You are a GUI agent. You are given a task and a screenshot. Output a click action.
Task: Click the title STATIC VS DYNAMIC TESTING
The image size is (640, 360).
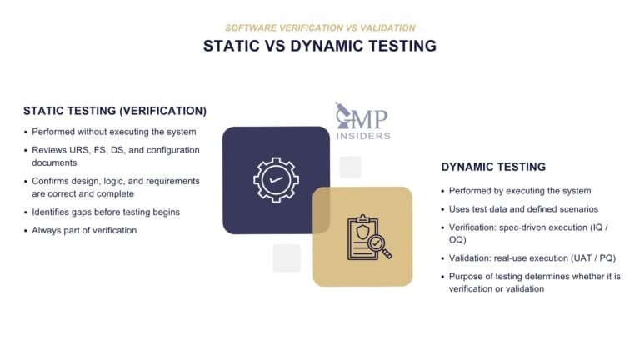[320, 47]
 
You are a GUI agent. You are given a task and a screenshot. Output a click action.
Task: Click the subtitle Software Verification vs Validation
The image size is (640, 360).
[320, 27]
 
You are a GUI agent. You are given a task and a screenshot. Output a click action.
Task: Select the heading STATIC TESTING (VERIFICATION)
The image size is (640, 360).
[115, 111]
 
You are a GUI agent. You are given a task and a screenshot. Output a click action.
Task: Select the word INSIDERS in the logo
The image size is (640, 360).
[364, 135]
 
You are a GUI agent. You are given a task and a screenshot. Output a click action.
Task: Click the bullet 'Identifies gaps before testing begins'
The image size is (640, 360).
[106, 212]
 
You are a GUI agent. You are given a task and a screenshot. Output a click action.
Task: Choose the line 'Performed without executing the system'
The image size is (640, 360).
[114, 132]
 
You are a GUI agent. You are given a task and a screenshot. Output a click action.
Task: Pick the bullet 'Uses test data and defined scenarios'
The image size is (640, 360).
[523, 209]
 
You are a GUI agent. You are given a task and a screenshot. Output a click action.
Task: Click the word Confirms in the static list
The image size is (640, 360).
[52, 181]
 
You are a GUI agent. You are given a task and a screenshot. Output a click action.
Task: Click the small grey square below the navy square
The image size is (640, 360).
[287, 257]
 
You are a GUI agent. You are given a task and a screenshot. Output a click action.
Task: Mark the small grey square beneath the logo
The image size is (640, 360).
[350, 167]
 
